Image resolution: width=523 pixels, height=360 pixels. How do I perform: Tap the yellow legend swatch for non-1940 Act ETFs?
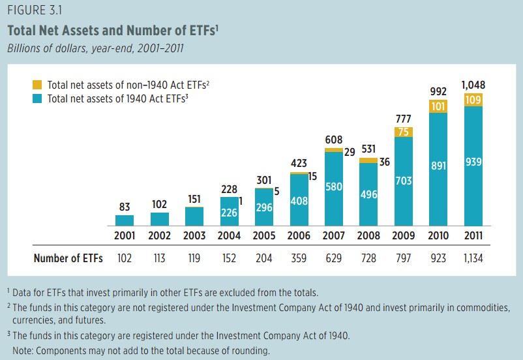coord(37,85)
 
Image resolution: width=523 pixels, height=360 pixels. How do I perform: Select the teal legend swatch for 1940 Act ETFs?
coord(37,98)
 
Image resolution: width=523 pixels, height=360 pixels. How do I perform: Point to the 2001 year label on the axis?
coord(125,235)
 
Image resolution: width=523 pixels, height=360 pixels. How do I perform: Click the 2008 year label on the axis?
coord(368,235)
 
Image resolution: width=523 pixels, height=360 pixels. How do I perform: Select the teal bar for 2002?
coord(160,218)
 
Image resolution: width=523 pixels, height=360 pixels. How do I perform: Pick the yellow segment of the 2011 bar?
coord(473,99)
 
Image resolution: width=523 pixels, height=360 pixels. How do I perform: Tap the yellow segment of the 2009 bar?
coord(404,132)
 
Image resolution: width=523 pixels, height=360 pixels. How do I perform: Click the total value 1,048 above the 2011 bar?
coord(473,85)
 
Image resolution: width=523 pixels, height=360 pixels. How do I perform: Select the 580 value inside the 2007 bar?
coord(334,187)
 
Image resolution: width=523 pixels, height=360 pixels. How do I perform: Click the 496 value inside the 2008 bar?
coord(368,194)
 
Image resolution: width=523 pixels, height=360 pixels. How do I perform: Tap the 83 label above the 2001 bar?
coord(125,207)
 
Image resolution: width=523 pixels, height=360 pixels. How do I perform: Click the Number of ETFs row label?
coord(68,258)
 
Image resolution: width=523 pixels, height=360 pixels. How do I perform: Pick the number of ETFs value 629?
coord(334,258)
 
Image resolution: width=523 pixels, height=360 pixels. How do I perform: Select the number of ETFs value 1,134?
coord(473,258)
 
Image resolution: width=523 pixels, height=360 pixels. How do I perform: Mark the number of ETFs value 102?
coord(125,258)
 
